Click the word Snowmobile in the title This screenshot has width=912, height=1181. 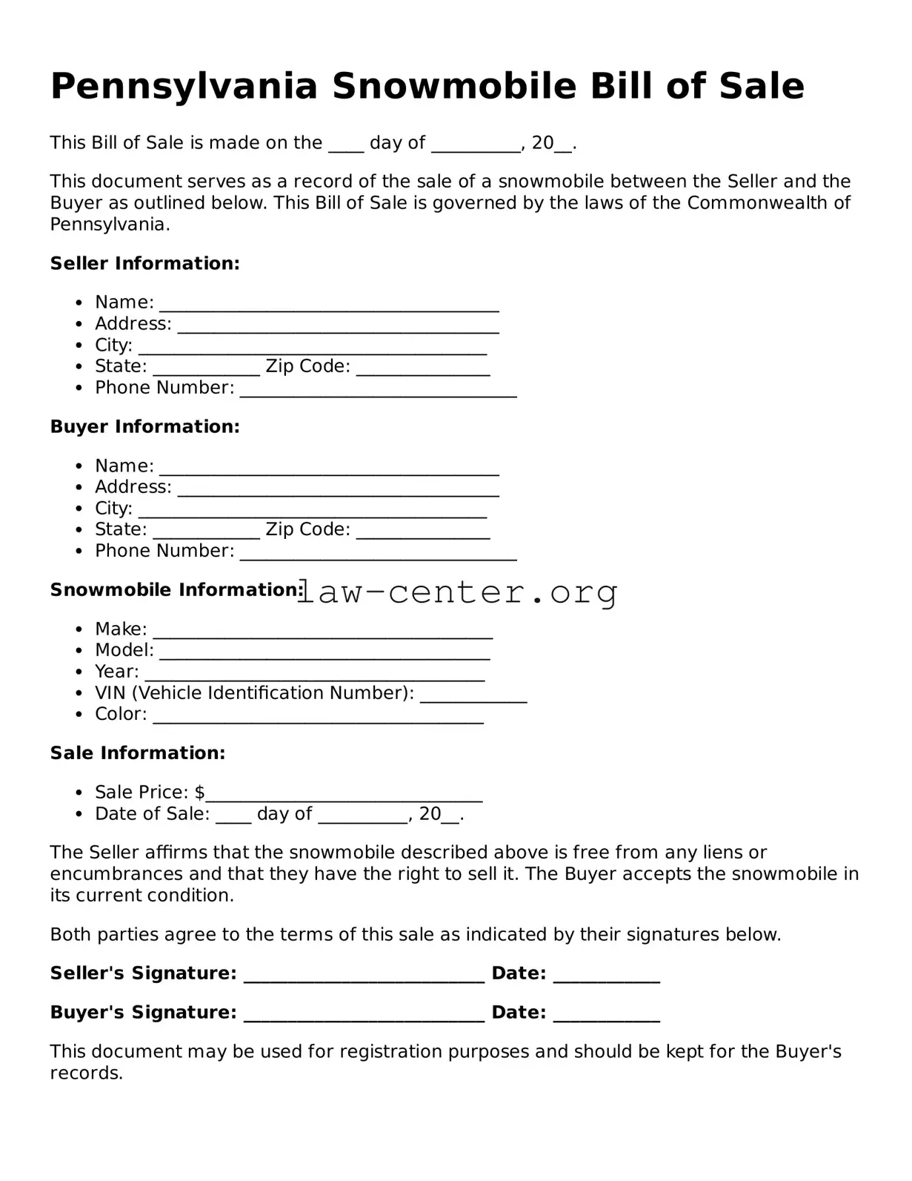click(x=453, y=86)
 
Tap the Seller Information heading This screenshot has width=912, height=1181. click(x=144, y=263)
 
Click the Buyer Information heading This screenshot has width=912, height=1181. click(x=144, y=426)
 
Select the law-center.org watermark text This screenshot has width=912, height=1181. click(x=457, y=592)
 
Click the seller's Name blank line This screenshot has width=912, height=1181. click(x=329, y=308)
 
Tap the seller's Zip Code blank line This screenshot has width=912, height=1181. click(x=423, y=371)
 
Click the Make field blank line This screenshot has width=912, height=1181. click(x=322, y=635)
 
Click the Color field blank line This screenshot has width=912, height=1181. click(x=318, y=719)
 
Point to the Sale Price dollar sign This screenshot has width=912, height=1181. click(x=200, y=793)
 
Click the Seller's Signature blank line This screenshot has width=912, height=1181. click(x=364, y=979)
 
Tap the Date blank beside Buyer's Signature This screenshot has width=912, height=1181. click(x=606, y=1018)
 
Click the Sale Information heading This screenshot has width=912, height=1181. click(x=137, y=752)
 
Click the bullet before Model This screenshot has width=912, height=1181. click(x=80, y=651)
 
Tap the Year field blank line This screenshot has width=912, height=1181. click(x=315, y=677)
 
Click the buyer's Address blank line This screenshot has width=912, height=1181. click(x=338, y=492)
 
